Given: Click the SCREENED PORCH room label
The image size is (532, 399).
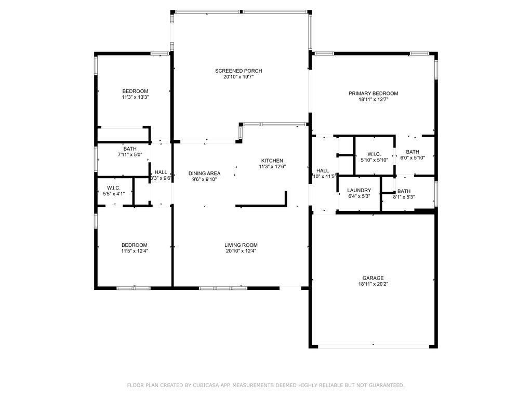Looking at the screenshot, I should (238, 71).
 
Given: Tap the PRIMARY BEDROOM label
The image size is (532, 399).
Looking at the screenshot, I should (373, 94).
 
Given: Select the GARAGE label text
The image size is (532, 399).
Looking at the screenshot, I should (373, 278).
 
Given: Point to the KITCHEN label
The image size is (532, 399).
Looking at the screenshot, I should (272, 161).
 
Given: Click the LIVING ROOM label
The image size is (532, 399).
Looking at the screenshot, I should (241, 245).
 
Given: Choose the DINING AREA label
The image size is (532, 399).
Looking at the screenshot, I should (204, 174).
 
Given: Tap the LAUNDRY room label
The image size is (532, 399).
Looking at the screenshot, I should (359, 190).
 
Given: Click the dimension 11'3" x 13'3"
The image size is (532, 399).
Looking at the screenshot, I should (135, 97).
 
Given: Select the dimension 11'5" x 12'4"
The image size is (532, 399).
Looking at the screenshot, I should (135, 251).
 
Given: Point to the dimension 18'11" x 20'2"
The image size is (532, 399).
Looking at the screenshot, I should (373, 284).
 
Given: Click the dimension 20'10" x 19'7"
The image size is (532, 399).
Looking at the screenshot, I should (238, 77).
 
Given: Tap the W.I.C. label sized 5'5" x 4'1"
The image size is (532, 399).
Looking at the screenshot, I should (113, 188).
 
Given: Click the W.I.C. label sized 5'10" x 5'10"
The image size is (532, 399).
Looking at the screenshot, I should (374, 154).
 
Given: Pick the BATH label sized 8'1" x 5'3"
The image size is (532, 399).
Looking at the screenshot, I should (404, 191).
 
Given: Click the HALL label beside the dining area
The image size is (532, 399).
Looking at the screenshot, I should (161, 172).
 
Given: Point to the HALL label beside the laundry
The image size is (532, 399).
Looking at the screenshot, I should (323, 170).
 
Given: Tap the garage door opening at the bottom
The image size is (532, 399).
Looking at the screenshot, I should (373, 345).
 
